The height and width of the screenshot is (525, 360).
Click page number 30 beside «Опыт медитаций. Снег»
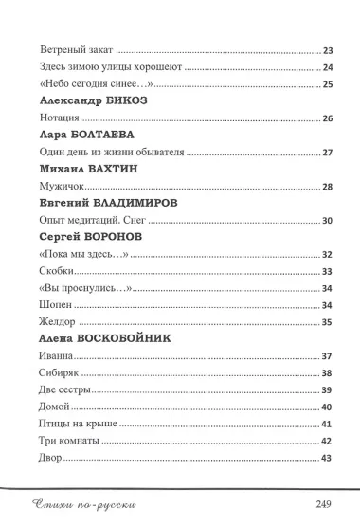coord(328,221)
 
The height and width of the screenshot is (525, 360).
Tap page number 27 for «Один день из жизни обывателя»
coord(328,153)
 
